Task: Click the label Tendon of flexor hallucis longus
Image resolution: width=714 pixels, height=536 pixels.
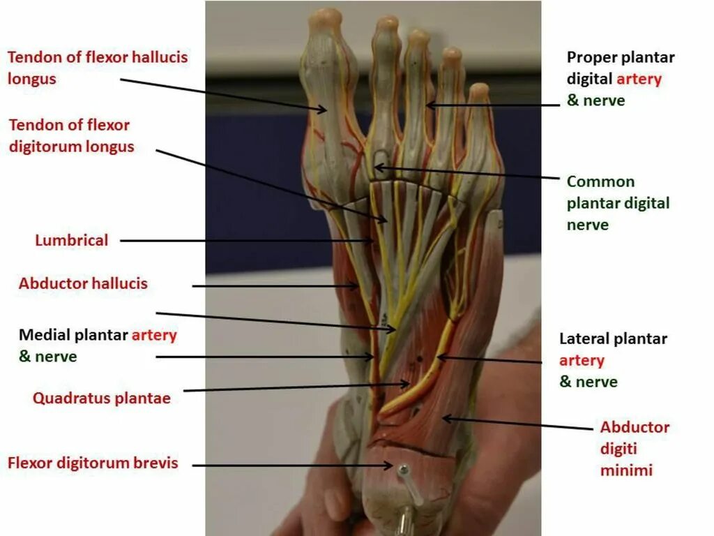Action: tap(97, 67)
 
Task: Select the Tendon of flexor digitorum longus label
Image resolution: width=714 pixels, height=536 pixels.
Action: tap(71, 136)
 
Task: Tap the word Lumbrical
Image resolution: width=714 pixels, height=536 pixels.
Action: tap(72, 241)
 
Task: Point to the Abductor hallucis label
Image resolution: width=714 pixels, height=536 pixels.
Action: tap(83, 284)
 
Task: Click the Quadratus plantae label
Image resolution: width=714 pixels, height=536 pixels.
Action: tap(101, 399)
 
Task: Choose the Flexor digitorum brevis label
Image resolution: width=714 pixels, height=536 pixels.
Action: tap(93, 463)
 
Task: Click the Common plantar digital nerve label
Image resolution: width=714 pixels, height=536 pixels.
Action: tap(618, 203)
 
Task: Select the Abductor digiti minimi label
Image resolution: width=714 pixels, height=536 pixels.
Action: tap(635, 449)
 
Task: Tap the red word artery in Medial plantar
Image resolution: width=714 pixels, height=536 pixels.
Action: tap(154, 335)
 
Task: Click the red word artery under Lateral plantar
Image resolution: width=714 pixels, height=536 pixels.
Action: tap(582, 361)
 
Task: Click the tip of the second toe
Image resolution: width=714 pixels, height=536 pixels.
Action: tap(386, 22)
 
